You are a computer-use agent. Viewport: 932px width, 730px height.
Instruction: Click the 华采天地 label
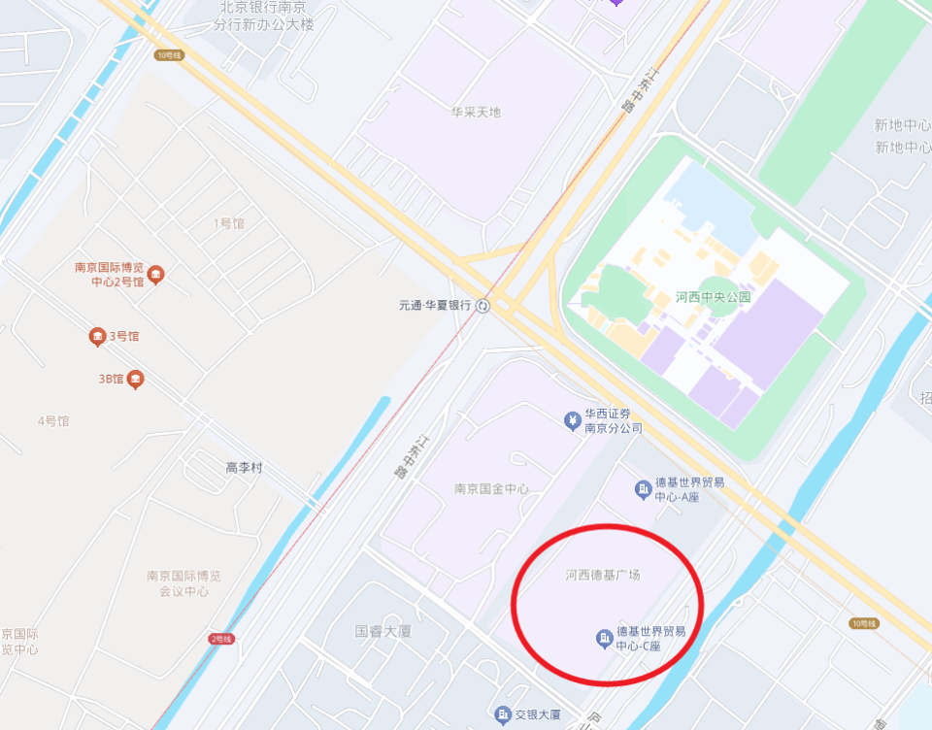pos(476,113)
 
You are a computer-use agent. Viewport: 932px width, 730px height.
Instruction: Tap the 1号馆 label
pos(229,223)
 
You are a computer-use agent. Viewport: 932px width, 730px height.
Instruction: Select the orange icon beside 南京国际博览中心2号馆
pos(155,275)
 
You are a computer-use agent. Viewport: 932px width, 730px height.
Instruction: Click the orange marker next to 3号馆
pos(97,337)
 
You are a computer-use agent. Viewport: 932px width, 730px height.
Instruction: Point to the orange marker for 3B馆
pos(136,379)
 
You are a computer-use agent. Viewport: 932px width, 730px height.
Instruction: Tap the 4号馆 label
pos(53,421)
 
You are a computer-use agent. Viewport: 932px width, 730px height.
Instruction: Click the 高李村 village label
pos(244,468)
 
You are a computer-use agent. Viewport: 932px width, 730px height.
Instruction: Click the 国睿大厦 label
pos(383,631)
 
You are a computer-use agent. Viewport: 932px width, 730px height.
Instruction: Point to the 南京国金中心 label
pos(491,489)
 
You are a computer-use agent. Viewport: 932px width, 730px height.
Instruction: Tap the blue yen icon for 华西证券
pos(573,420)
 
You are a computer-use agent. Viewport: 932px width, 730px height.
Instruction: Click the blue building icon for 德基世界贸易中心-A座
pos(643,488)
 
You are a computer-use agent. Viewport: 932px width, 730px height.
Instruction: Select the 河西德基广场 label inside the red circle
pos(603,575)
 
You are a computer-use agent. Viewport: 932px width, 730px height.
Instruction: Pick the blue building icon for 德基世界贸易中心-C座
pos(603,638)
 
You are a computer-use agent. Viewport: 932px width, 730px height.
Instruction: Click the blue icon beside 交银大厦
pos(502,715)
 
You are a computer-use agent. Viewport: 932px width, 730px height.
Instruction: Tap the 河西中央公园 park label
pos(714,297)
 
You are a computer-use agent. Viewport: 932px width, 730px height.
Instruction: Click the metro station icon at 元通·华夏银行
pos(483,306)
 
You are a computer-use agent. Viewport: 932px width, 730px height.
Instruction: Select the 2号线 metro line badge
pos(221,639)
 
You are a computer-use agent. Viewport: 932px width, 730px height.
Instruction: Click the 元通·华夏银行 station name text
pos(434,306)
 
